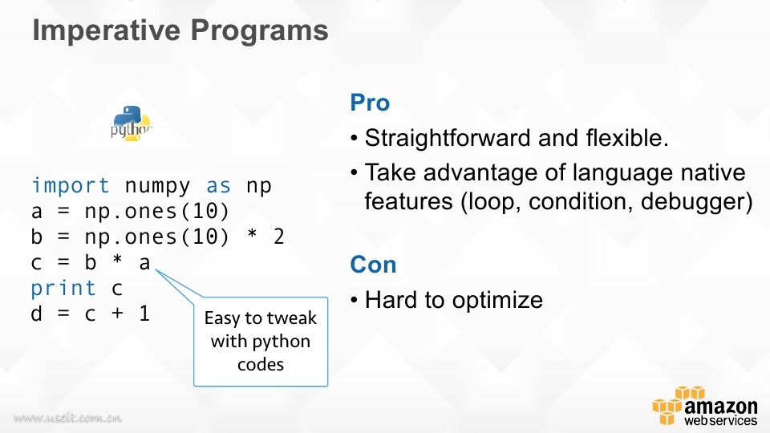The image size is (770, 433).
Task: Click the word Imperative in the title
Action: (107, 30)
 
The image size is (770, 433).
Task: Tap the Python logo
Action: (131, 123)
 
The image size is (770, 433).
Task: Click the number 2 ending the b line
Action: (279, 237)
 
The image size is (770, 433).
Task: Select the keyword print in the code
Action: (63, 289)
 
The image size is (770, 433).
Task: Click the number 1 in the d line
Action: (144, 314)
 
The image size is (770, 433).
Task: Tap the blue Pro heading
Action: (370, 103)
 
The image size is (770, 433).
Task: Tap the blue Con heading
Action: (373, 265)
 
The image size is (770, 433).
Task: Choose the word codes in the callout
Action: (261, 365)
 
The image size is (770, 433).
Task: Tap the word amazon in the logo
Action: (720, 407)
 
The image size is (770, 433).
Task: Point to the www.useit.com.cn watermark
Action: (67, 418)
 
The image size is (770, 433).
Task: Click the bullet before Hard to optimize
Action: (355, 301)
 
